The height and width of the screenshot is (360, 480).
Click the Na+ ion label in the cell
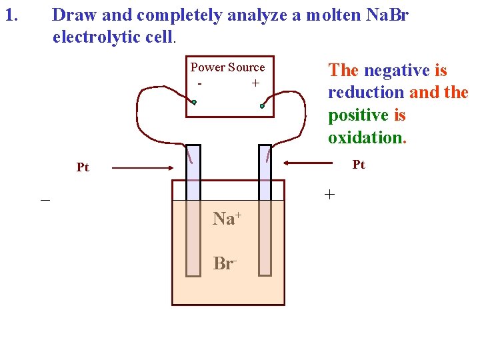tap(226, 218)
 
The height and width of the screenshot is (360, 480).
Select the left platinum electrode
tap(193, 210)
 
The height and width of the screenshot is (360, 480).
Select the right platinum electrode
tap(265, 210)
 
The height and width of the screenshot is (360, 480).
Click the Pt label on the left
tap(83, 167)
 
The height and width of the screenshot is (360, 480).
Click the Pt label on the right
tap(359, 164)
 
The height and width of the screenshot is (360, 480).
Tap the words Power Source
tap(227, 67)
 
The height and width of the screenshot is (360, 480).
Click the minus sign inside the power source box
tap(200, 83)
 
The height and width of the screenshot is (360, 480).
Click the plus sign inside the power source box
tap(255, 83)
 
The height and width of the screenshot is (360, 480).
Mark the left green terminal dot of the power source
tap(193, 102)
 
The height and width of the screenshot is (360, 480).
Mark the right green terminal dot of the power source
tap(263, 105)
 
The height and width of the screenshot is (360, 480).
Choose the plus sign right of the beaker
tap(329, 195)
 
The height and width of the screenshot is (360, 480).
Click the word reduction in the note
tap(366, 93)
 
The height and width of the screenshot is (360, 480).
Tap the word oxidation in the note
tap(365, 138)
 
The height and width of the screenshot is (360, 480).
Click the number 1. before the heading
tap(11, 14)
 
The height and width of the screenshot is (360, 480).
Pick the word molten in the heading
tap(330, 15)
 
